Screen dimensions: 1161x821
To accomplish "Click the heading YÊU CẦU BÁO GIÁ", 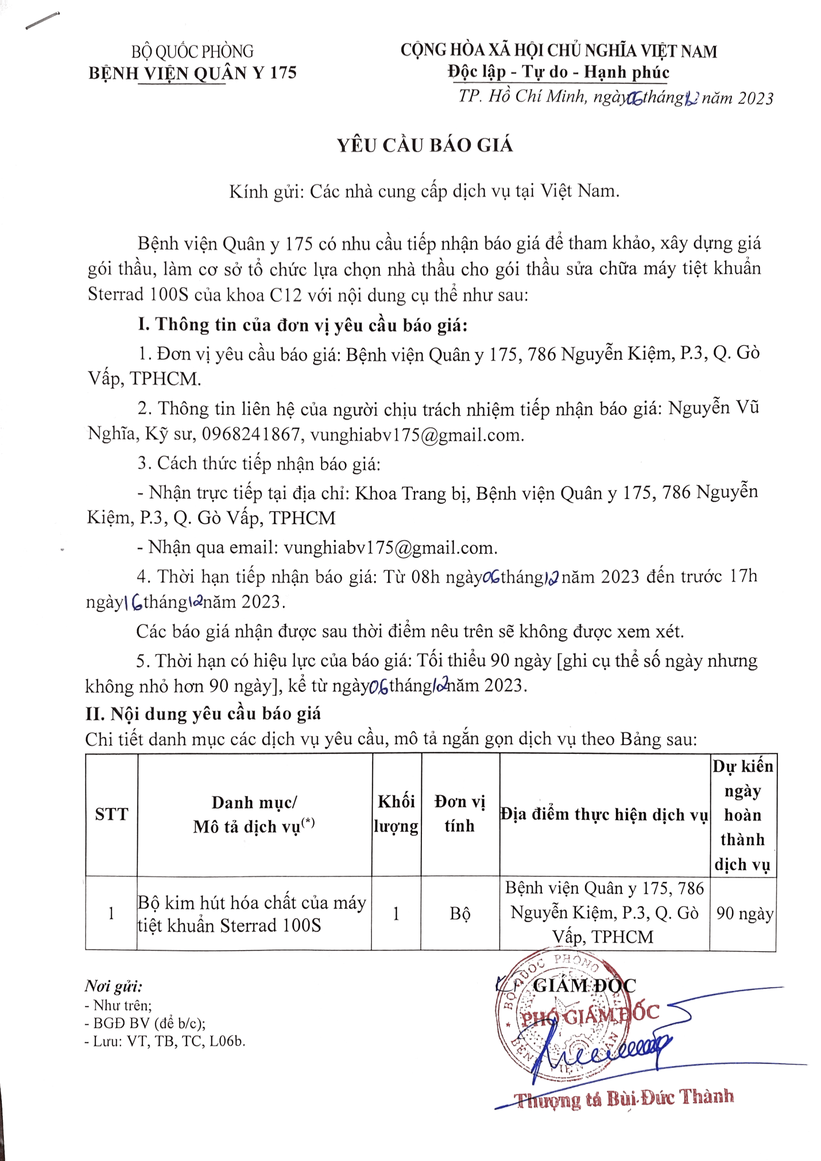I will pos(425,145).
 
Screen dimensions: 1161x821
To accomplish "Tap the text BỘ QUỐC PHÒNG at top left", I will pos(192,52).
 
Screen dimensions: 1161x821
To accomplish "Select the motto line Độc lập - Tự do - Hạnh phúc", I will pos(558,72).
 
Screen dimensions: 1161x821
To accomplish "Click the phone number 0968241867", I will pos(251,435).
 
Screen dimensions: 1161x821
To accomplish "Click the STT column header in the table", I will pos(112,815).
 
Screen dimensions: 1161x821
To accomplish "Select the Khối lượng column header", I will pos(396,814).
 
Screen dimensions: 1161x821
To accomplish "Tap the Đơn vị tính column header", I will pos(460,814).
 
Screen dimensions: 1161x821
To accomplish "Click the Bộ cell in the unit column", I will pos(460,914).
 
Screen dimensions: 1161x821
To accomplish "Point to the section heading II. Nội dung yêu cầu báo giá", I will pos(203,714).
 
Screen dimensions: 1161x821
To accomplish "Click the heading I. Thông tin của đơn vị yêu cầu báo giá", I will pos(302,325).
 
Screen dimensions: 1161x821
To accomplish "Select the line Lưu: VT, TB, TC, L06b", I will pos(165,1042).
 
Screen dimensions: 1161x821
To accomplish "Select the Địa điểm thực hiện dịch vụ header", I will pos(604,815).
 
